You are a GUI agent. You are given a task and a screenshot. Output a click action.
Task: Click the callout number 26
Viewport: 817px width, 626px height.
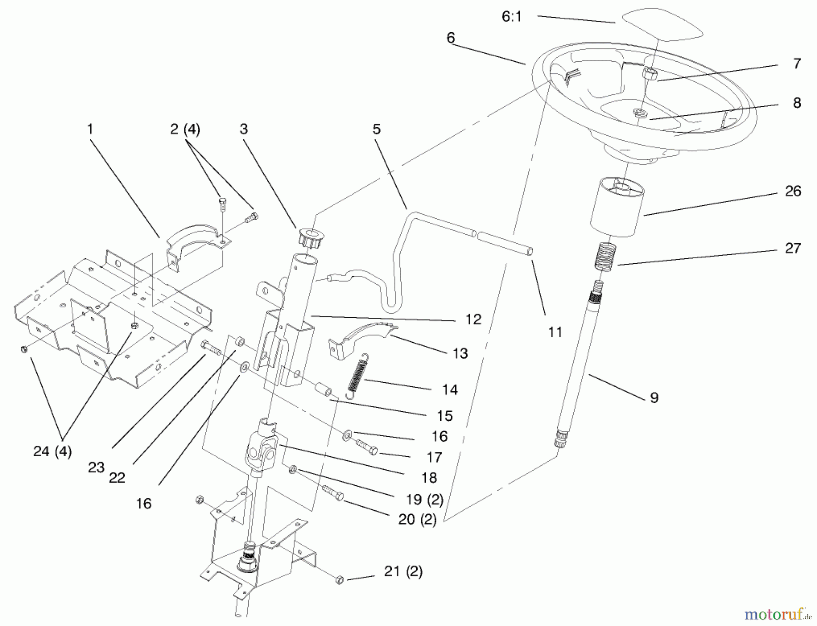tap(792, 191)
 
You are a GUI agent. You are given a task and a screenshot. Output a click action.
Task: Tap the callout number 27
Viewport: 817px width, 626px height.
tap(792, 248)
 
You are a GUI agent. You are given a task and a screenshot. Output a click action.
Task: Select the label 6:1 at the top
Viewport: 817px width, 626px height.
tap(512, 17)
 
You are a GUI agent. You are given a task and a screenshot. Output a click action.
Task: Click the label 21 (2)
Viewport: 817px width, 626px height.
tap(403, 572)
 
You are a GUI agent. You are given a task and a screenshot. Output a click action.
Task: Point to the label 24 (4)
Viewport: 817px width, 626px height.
tap(52, 452)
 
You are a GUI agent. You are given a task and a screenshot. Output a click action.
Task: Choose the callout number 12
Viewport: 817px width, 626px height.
tap(473, 319)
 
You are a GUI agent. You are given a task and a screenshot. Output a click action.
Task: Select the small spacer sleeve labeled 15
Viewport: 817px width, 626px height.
tap(324, 389)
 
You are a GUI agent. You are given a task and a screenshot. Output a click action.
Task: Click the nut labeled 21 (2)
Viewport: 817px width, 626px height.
tap(340, 581)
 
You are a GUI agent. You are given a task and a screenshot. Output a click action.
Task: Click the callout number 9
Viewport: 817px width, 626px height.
tap(654, 398)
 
